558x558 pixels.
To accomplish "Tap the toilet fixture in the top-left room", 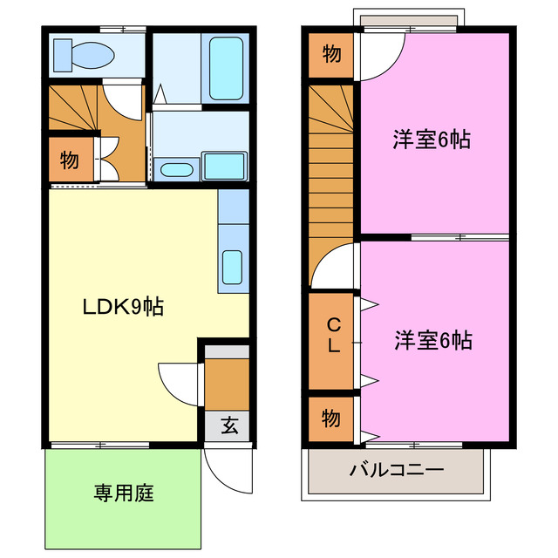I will tap(83, 56).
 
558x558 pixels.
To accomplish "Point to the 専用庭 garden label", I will tap(124, 493).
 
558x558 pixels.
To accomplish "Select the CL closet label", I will tap(333, 336).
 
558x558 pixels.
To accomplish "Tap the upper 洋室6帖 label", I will tap(431, 139).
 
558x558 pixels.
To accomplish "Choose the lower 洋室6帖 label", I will tap(432, 340).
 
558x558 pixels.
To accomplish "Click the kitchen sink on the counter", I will tap(232, 265).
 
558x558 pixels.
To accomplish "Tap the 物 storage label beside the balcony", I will tap(330, 418).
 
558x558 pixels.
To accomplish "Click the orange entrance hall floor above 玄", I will tap(228, 382).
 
